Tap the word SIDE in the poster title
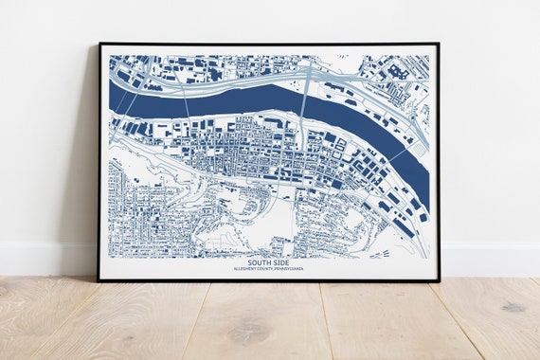[284, 262]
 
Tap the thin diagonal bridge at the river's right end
[403, 152]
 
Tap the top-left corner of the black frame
[99, 44]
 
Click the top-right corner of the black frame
[438, 44]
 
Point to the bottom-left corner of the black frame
[99, 279]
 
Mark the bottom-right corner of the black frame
[438, 279]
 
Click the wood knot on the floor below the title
[248, 333]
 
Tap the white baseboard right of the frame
[488, 258]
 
